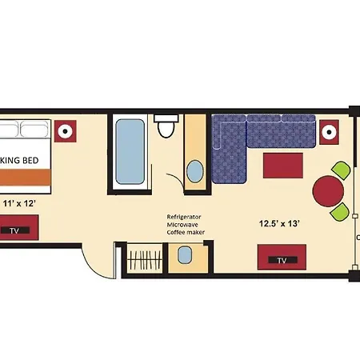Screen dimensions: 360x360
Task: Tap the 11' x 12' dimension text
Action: pyautogui.click(x=19, y=203)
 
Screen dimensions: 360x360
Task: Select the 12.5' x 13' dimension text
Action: pyautogui.click(x=279, y=223)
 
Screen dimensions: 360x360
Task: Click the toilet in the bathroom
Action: pyautogui.click(x=166, y=126)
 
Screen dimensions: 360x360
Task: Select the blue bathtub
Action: pyautogui.click(x=130, y=152)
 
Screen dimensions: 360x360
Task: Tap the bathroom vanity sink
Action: pyautogui.click(x=195, y=171)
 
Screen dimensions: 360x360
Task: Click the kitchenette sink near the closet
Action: pyautogui.click(x=185, y=255)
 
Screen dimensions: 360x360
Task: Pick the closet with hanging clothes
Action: pyautogui.click(x=145, y=258)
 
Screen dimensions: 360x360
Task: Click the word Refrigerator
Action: pyautogui.click(x=184, y=217)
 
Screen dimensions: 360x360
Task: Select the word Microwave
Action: pyautogui.click(x=182, y=225)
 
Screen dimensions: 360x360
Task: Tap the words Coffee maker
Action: pyautogui.click(x=186, y=232)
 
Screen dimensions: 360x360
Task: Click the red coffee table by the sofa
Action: pyautogui.click(x=283, y=166)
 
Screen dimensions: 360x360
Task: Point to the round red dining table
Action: pyautogui.click(x=328, y=191)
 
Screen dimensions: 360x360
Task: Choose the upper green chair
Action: pyautogui.click(x=341, y=170)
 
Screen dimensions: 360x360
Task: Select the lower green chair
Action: pyautogui.click(x=340, y=212)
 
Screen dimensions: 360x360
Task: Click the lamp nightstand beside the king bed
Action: pyautogui.click(x=66, y=131)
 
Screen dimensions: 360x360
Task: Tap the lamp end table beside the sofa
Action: pyautogui.click(x=329, y=132)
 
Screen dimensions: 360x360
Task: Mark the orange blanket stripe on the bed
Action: pyautogui.click(x=25, y=177)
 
